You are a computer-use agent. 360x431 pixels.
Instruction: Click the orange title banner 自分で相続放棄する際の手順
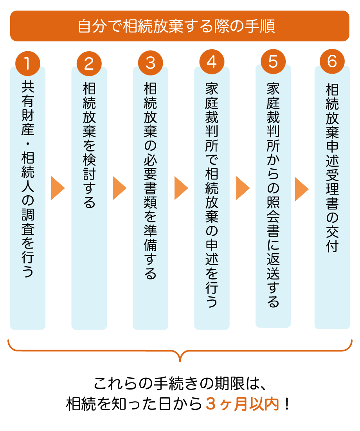click(x=180, y=26)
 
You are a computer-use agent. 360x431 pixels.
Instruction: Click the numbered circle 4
click(x=212, y=63)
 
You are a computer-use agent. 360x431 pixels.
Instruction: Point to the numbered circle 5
click(x=273, y=63)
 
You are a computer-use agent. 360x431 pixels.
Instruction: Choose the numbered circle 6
click(x=332, y=63)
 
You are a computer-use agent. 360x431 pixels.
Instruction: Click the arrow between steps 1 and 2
click(x=58, y=188)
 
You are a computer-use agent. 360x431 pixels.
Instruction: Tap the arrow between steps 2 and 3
click(x=119, y=188)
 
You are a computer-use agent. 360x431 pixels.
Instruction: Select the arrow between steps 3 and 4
click(x=181, y=188)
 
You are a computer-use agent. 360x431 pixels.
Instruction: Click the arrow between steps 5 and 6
click(x=302, y=188)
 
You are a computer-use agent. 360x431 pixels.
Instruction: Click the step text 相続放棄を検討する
click(x=89, y=145)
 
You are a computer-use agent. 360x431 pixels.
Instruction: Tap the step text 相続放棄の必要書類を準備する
click(x=151, y=180)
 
